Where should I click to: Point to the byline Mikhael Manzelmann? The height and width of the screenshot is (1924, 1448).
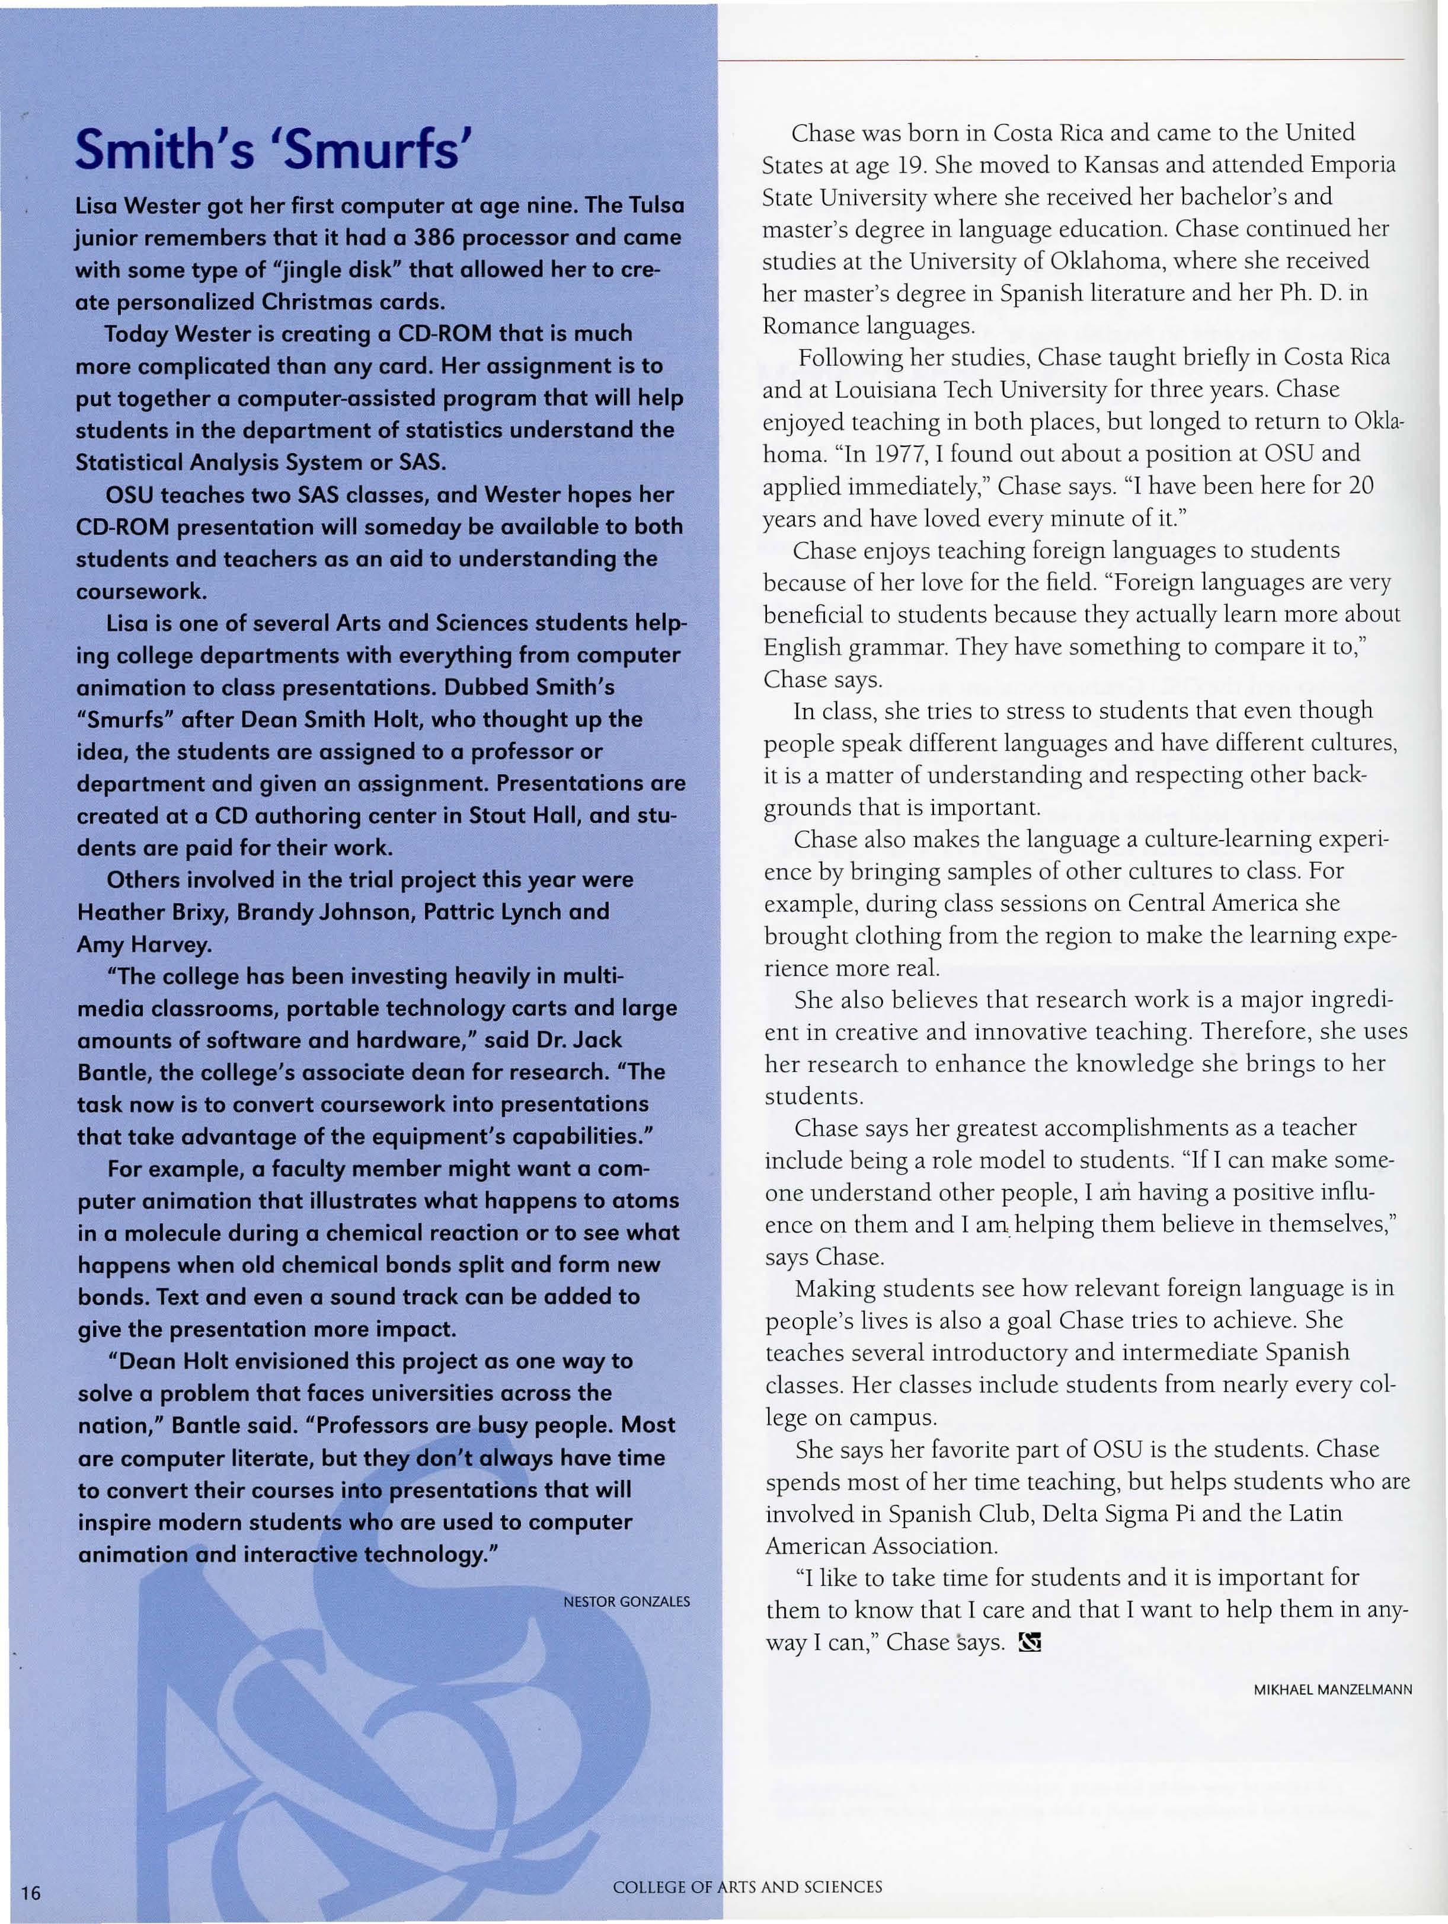1332,1690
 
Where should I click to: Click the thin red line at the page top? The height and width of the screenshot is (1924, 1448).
1061,60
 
